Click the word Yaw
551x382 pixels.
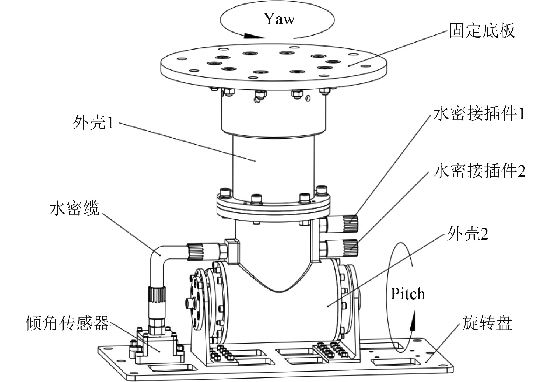[x=279, y=19]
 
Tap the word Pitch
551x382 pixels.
[x=408, y=294]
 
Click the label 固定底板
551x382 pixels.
[x=482, y=31]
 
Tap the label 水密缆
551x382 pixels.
[x=75, y=208]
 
